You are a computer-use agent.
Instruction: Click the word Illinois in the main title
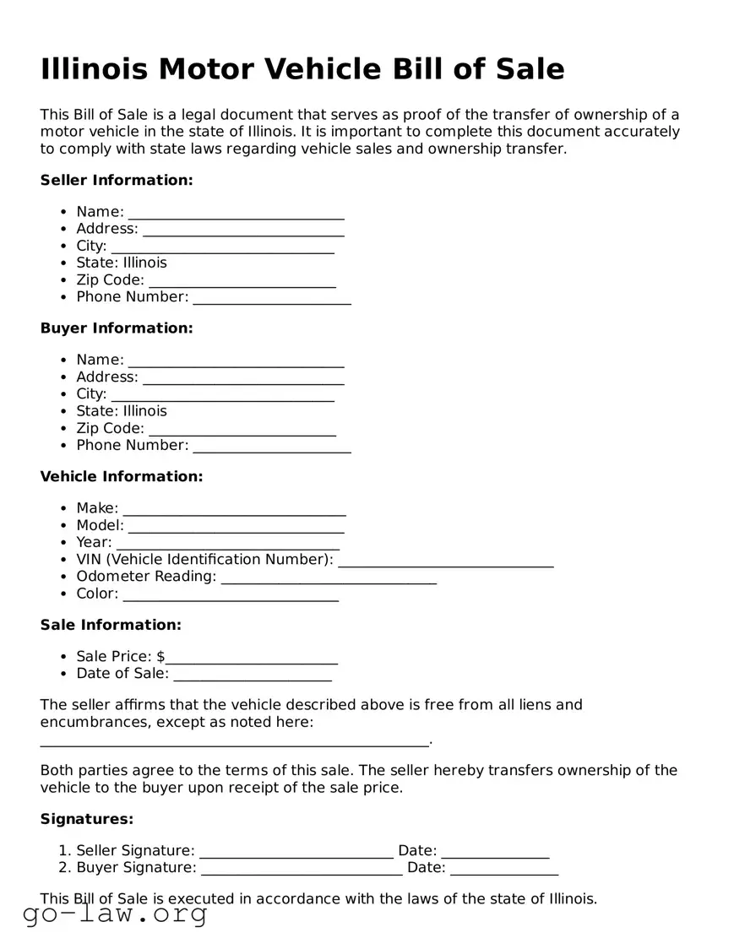point(92,69)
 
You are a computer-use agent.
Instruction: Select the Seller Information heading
point(117,180)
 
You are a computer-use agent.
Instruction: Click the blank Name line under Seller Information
point(236,213)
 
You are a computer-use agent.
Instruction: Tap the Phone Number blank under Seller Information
point(271,298)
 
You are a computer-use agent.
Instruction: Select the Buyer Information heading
point(117,328)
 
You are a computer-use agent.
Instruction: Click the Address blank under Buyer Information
point(243,378)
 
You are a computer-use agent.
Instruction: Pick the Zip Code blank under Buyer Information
point(242,430)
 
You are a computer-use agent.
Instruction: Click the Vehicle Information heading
point(122,476)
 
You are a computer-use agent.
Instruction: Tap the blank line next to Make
point(234,510)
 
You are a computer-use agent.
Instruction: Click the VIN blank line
point(445,561)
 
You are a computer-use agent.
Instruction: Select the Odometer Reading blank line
point(329,578)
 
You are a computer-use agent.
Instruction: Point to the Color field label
point(97,594)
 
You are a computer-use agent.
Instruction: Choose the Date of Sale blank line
point(252,675)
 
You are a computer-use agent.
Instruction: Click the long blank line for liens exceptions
point(234,740)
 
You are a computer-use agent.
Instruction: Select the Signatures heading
point(87,819)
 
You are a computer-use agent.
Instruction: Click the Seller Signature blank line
point(296,852)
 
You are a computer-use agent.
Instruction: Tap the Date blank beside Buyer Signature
point(503,869)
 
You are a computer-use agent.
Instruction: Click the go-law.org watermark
point(115,914)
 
